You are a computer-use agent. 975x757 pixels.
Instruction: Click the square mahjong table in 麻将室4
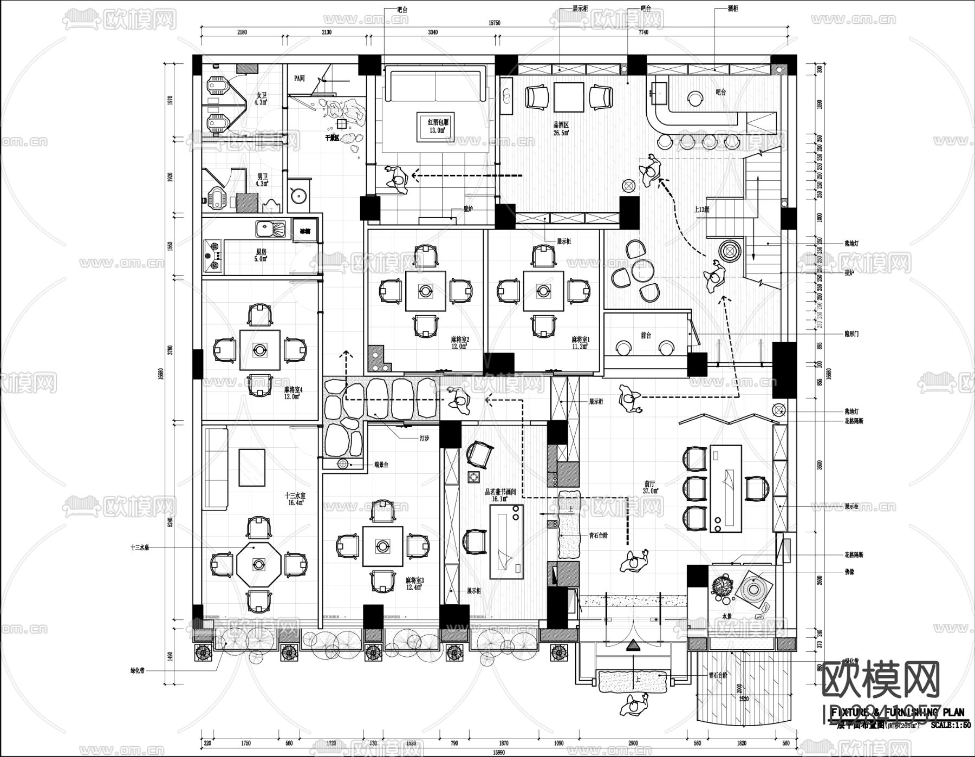point(260,349)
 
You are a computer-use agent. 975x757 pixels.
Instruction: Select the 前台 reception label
point(646,336)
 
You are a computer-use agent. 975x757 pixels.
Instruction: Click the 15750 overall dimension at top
point(494,23)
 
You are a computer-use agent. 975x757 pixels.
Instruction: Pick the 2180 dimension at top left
point(242,32)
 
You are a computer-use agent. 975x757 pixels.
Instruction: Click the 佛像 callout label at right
point(850,571)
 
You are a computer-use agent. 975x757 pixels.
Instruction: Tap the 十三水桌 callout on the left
point(140,547)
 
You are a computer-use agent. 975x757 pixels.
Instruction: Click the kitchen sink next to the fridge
point(271,230)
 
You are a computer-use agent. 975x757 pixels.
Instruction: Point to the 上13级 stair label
point(702,210)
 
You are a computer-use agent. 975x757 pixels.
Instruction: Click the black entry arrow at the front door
point(633,645)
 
